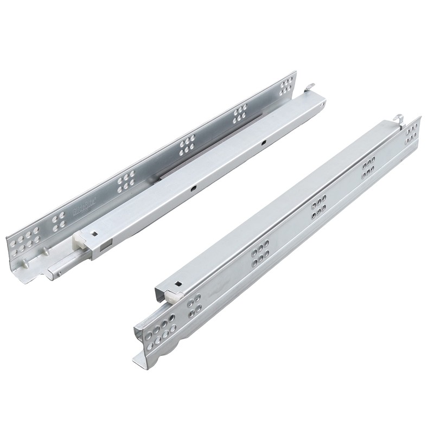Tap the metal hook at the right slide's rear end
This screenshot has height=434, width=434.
(399, 117)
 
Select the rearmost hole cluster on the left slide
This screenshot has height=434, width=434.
(286, 87)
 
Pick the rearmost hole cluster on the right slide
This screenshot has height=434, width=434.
(411, 132)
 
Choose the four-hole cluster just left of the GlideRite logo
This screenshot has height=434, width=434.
(59, 221)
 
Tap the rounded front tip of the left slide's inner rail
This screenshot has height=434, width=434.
(50, 274)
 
